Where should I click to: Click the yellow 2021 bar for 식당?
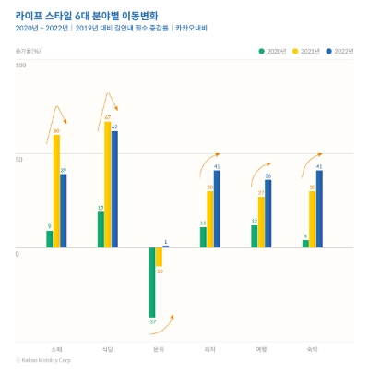click(108, 185)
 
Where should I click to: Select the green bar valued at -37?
click(151, 282)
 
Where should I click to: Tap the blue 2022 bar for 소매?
click(64, 211)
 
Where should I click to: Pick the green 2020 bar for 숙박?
click(305, 244)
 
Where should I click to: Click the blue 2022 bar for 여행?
click(268, 213)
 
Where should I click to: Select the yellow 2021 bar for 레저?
click(210, 219)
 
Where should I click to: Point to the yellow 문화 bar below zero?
click(159, 257)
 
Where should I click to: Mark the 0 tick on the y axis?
click(18, 253)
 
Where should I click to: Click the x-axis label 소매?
click(56, 348)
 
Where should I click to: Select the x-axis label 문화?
click(159, 348)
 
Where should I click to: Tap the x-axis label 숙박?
click(313, 348)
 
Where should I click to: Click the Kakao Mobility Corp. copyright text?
click(47, 360)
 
